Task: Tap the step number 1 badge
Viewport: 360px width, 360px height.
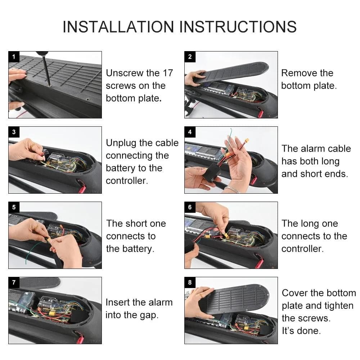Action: [14, 57]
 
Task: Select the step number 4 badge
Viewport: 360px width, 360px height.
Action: [190, 132]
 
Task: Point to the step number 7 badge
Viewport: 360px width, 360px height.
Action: [14, 282]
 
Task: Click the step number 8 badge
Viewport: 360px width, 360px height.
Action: [190, 282]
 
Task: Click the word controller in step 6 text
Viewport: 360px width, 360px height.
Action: [302, 249]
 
